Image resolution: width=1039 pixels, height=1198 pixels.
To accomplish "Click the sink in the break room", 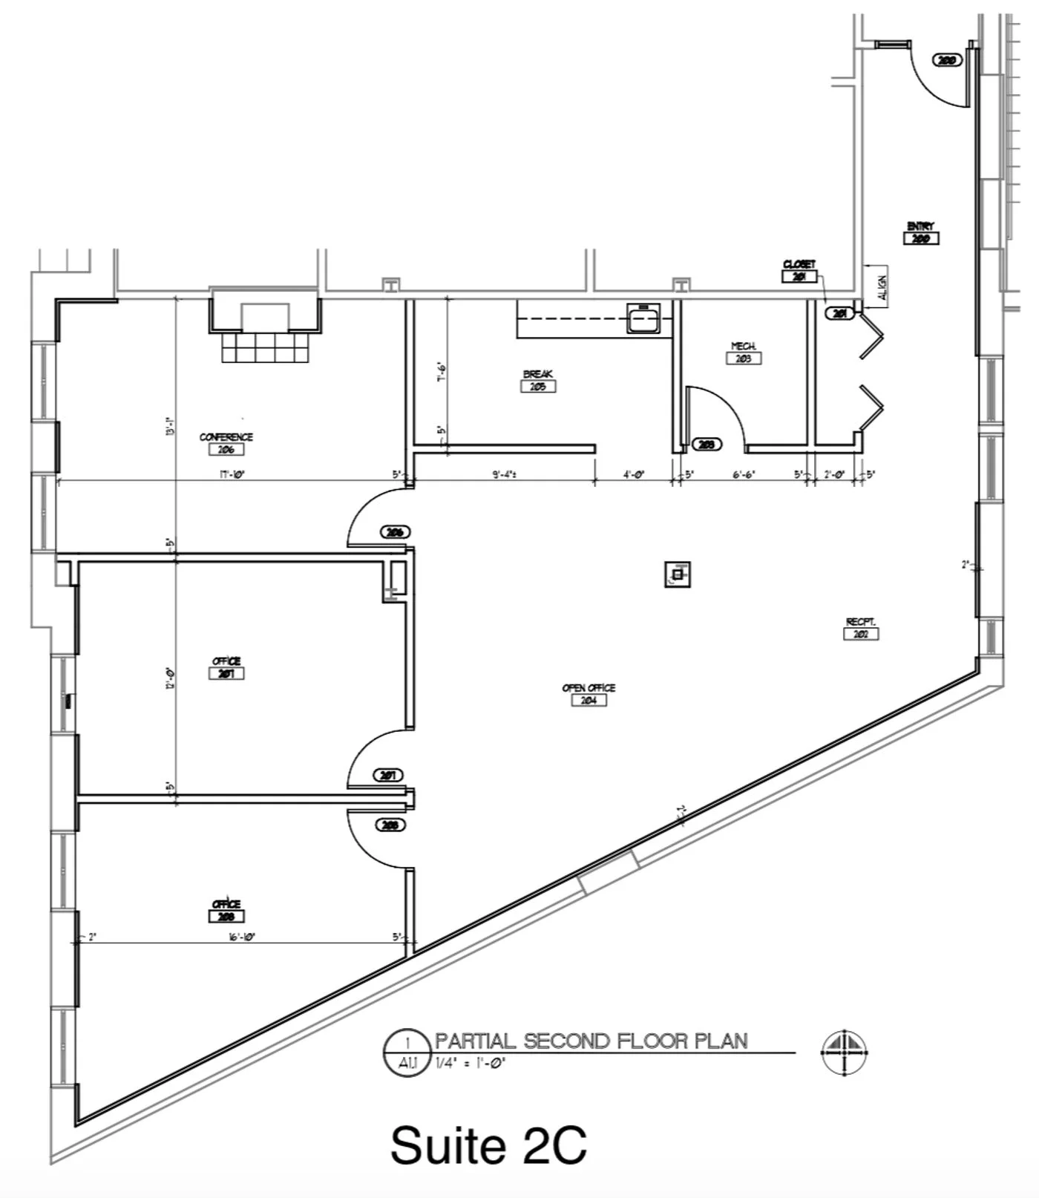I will [x=643, y=318].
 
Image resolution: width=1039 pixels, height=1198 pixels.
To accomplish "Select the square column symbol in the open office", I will [x=678, y=574].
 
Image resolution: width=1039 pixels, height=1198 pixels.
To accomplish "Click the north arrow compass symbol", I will [x=845, y=1052].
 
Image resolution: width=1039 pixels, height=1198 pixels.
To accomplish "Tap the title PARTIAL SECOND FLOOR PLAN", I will [x=591, y=1041].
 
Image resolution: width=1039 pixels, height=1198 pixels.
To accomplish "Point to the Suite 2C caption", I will [x=488, y=1145].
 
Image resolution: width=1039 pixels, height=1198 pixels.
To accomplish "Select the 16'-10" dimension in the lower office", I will [x=242, y=937].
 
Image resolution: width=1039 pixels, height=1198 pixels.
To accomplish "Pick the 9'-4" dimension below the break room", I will [x=505, y=474].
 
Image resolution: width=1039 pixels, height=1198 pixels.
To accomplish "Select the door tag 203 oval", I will [x=707, y=444].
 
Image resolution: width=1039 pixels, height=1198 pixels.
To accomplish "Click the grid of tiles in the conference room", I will [x=265, y=347].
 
